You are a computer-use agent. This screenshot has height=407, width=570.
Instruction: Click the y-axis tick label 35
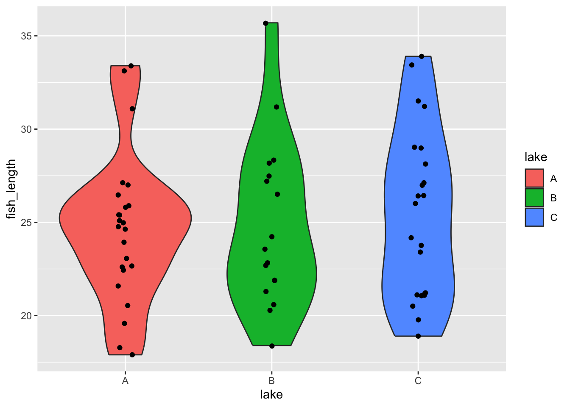pos(26,36)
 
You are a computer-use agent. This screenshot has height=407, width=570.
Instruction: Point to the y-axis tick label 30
pos(26,129)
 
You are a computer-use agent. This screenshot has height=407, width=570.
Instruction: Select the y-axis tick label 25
pos(26,223)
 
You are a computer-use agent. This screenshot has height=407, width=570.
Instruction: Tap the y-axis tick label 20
pos(26,316)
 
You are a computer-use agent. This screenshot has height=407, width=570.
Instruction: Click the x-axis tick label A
pos(125,381)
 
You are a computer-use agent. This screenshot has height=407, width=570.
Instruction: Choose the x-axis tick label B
pos(271,381)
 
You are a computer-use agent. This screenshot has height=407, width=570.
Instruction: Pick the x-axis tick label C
pos(418,381)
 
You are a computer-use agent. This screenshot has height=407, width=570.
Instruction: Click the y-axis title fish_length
pos(11,189)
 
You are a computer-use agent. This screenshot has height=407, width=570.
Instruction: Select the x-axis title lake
pos(271,395)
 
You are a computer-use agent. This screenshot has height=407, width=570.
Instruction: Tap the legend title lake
pos(536,157)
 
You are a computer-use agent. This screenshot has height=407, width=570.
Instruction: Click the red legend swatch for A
pos(534,178)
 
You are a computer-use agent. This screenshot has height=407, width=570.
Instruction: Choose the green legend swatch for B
pos(534,198)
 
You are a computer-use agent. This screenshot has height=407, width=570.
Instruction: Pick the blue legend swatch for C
pos(534,217)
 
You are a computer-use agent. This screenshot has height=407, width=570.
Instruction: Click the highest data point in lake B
pos(265,23)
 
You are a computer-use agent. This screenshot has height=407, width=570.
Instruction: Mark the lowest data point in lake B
pos(272,346)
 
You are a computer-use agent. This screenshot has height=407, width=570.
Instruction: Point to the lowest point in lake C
pos(418,336)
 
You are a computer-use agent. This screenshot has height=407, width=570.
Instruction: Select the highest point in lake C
pos(422,56)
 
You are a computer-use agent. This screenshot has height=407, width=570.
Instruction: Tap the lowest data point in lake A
pos(132,355)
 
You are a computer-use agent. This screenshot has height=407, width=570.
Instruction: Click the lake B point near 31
pos(277,107)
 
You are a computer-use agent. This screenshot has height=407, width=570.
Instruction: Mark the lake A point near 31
pos(132,109)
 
